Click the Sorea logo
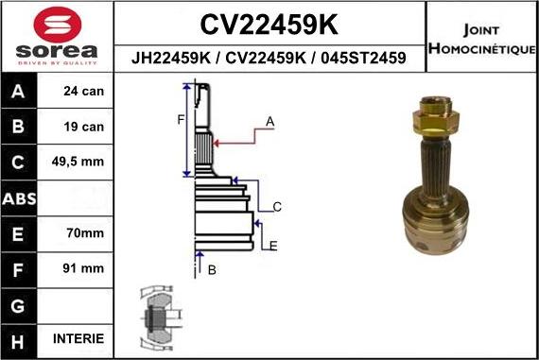pos(57,37)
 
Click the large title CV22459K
pos(270,23)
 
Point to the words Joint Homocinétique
pos(482,39)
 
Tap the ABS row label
pos(20,198)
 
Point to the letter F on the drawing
pos(179,119)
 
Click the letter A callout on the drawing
pos(269,121)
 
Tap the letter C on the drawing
pos(277,206)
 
